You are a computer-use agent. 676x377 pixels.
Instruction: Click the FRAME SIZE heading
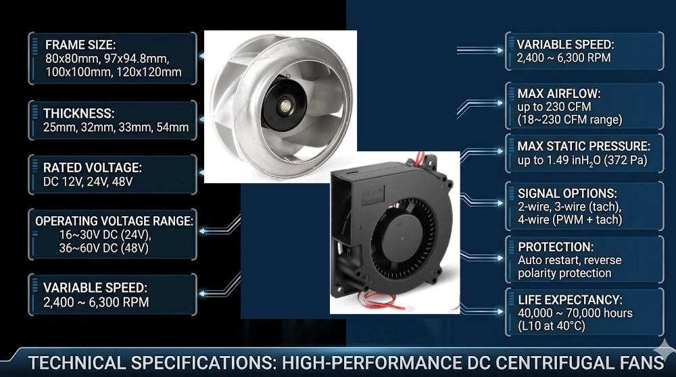[x=80, y=45]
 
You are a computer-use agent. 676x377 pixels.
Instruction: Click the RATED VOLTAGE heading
[x=92, y=167]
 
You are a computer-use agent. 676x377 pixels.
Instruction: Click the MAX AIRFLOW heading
[x=558, y=93]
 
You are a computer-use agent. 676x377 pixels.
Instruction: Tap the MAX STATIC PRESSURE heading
[x=584, y=146]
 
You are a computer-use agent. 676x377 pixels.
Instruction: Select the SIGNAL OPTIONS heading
[x=567, y=193]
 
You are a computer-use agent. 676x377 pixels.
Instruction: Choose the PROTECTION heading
[x=556, y=247]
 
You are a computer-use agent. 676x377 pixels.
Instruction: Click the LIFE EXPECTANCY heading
[x=570, y=299]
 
